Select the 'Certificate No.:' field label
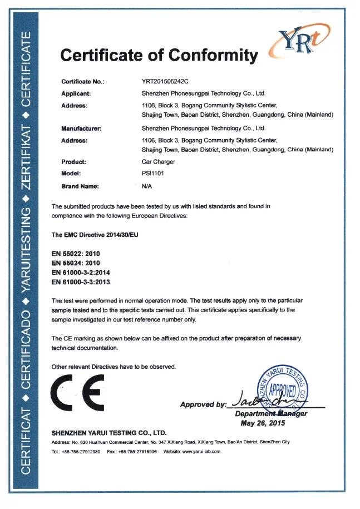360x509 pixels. tap(83, 82)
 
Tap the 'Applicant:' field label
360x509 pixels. tap(76, 93)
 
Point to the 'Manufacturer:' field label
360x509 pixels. tap(81, 128)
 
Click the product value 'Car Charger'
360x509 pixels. tap(159, 162)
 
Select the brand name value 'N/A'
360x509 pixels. tap(147, 186)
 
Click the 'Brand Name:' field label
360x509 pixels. tap(80, 186)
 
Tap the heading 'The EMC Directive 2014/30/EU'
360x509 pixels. tap(95, 235)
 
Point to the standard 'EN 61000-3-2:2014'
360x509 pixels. tap(80, 272)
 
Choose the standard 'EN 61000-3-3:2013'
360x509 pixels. tap(80, 281)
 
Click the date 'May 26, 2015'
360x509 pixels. tap(263, 423)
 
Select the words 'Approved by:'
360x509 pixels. tap(203, 404)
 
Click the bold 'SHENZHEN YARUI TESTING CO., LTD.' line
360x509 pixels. tap(109, 432)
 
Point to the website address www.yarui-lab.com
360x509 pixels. tap(201, 451)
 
